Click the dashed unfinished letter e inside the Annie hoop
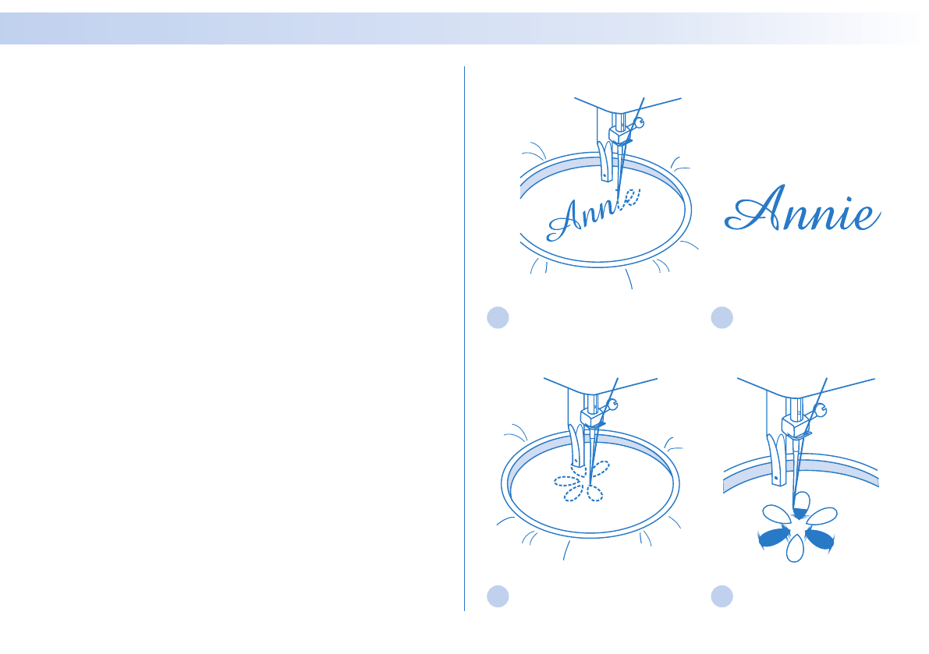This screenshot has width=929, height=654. point(630,200)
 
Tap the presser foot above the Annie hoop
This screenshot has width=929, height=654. point(603,161)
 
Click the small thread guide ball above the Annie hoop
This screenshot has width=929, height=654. point(640,122)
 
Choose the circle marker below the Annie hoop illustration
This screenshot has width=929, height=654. point(498,317)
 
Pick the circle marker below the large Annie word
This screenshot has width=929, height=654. point(722,317)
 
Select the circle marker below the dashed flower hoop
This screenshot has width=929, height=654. point(498,596)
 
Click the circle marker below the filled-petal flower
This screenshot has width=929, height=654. point(722,596)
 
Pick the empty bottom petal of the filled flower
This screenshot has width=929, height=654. point(795,550)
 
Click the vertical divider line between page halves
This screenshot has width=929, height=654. point(464,335)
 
